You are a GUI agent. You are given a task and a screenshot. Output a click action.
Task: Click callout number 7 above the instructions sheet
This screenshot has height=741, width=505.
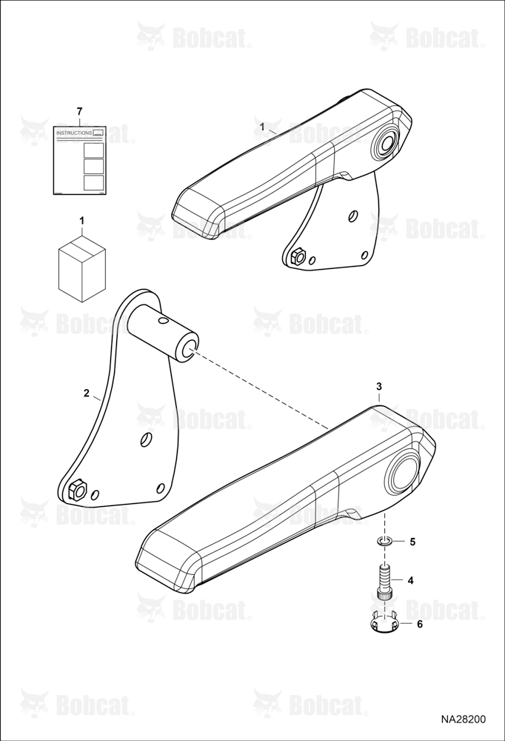[x=79, y=112]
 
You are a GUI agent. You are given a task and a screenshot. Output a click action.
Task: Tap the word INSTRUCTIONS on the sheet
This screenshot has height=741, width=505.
[x=74, y=133]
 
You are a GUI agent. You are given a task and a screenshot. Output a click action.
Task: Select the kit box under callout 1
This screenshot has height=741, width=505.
[x=81, y=268]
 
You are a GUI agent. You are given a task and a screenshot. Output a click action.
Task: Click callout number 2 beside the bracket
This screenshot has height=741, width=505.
[x=86, y=393]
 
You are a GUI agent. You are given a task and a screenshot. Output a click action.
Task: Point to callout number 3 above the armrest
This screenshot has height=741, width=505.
[x=379, y=387]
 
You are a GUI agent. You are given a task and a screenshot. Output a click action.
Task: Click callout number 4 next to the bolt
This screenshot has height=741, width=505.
[x=410, y=580]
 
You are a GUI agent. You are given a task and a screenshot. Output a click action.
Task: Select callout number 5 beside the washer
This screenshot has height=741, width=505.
[x=412, y=542]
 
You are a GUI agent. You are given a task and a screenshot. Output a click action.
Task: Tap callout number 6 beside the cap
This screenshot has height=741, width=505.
[x=419, y=624]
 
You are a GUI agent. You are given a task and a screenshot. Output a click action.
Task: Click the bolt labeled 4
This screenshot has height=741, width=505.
[x=384, y=583]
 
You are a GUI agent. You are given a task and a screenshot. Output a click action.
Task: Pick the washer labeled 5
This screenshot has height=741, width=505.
[x=384, y=541]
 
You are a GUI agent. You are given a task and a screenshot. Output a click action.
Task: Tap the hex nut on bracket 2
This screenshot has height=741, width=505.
[x=77, y=490]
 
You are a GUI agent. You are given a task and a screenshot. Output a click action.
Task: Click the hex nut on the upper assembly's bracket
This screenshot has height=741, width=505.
[x=298, y=257]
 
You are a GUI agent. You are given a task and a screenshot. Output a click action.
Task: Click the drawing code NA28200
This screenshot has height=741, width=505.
[x=463, y=720]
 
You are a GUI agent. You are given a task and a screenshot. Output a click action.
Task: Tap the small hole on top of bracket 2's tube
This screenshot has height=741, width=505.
[x=163, y=321]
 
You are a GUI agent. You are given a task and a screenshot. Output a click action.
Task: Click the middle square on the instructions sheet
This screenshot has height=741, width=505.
[x=93, y=166]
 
